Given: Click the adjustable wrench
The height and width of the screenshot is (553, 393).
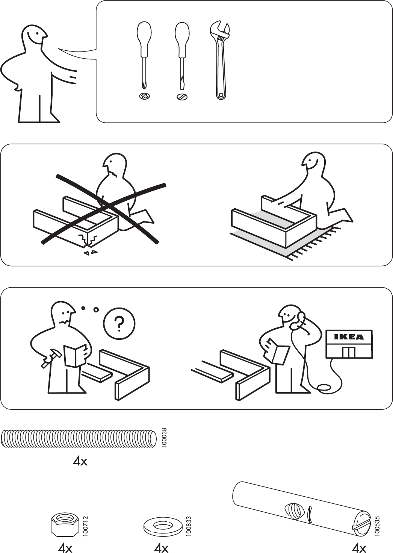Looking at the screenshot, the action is click(x=220, y=59).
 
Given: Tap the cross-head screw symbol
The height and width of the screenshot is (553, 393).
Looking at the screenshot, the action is click(x=144, y=96).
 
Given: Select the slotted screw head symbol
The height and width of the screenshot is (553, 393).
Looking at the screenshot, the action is click(x=182, y=97).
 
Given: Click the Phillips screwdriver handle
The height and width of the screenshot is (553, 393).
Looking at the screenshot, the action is click(x=144, y=39).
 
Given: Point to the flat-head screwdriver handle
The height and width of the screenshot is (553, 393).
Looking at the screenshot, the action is click(x=182, y=39).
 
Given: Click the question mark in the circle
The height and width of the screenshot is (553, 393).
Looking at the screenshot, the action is click(x=119, y=324).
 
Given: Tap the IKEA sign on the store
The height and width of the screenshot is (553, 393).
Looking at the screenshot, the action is click(x=349, y=337).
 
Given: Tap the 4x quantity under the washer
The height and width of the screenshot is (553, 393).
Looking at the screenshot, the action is click(x=161, y=548).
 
